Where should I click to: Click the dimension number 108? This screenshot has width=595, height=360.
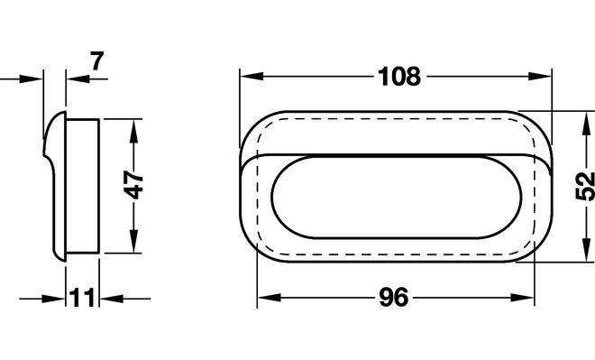pos(399,77)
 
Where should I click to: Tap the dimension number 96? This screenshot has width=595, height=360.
pos(394,298)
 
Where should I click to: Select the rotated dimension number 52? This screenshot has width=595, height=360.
pos(585,186)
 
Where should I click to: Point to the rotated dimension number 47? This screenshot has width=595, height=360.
pos(133,185)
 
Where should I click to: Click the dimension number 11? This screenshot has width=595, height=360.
pos(82,298)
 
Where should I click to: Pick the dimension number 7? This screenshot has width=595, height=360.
pos(96,60)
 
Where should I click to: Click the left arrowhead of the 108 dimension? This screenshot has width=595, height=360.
pos(252,77)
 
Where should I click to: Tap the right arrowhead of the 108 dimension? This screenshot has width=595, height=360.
pos(540,77)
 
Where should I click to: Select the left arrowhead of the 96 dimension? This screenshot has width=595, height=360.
pos(269,298)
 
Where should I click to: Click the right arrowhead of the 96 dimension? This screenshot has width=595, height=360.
pos(523,298)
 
